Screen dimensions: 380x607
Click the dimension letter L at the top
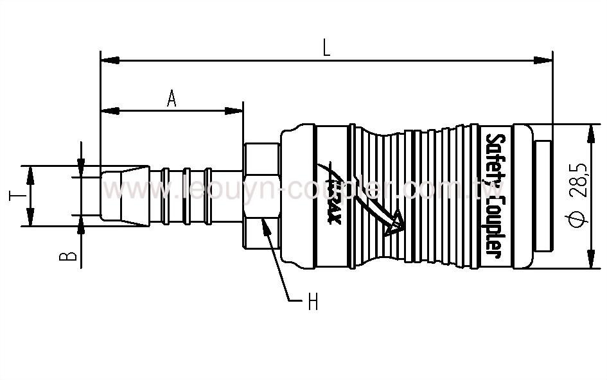(326, 48)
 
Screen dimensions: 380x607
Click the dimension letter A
(172, 98)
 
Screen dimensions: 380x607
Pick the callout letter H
(313, 302)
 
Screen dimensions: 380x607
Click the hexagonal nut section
(261, 196)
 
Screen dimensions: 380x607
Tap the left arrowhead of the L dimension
(110, 61)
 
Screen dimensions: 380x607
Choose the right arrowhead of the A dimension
(234, 111)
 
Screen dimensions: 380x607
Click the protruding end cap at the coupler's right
(543, 196)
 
